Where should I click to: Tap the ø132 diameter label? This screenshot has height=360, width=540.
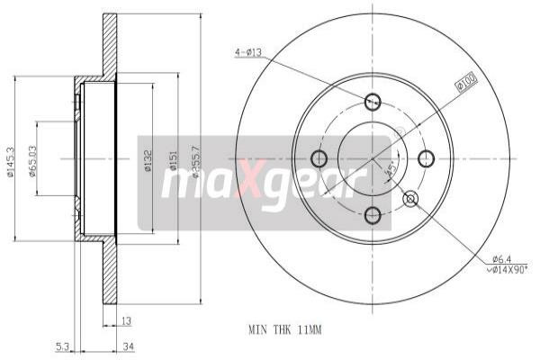[x=148, y=164]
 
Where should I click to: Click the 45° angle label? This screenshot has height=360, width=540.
[x=388, y=169]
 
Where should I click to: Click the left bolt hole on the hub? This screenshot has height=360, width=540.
[x=319, y=159]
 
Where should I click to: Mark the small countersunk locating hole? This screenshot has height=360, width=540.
[x=412, y=198]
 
